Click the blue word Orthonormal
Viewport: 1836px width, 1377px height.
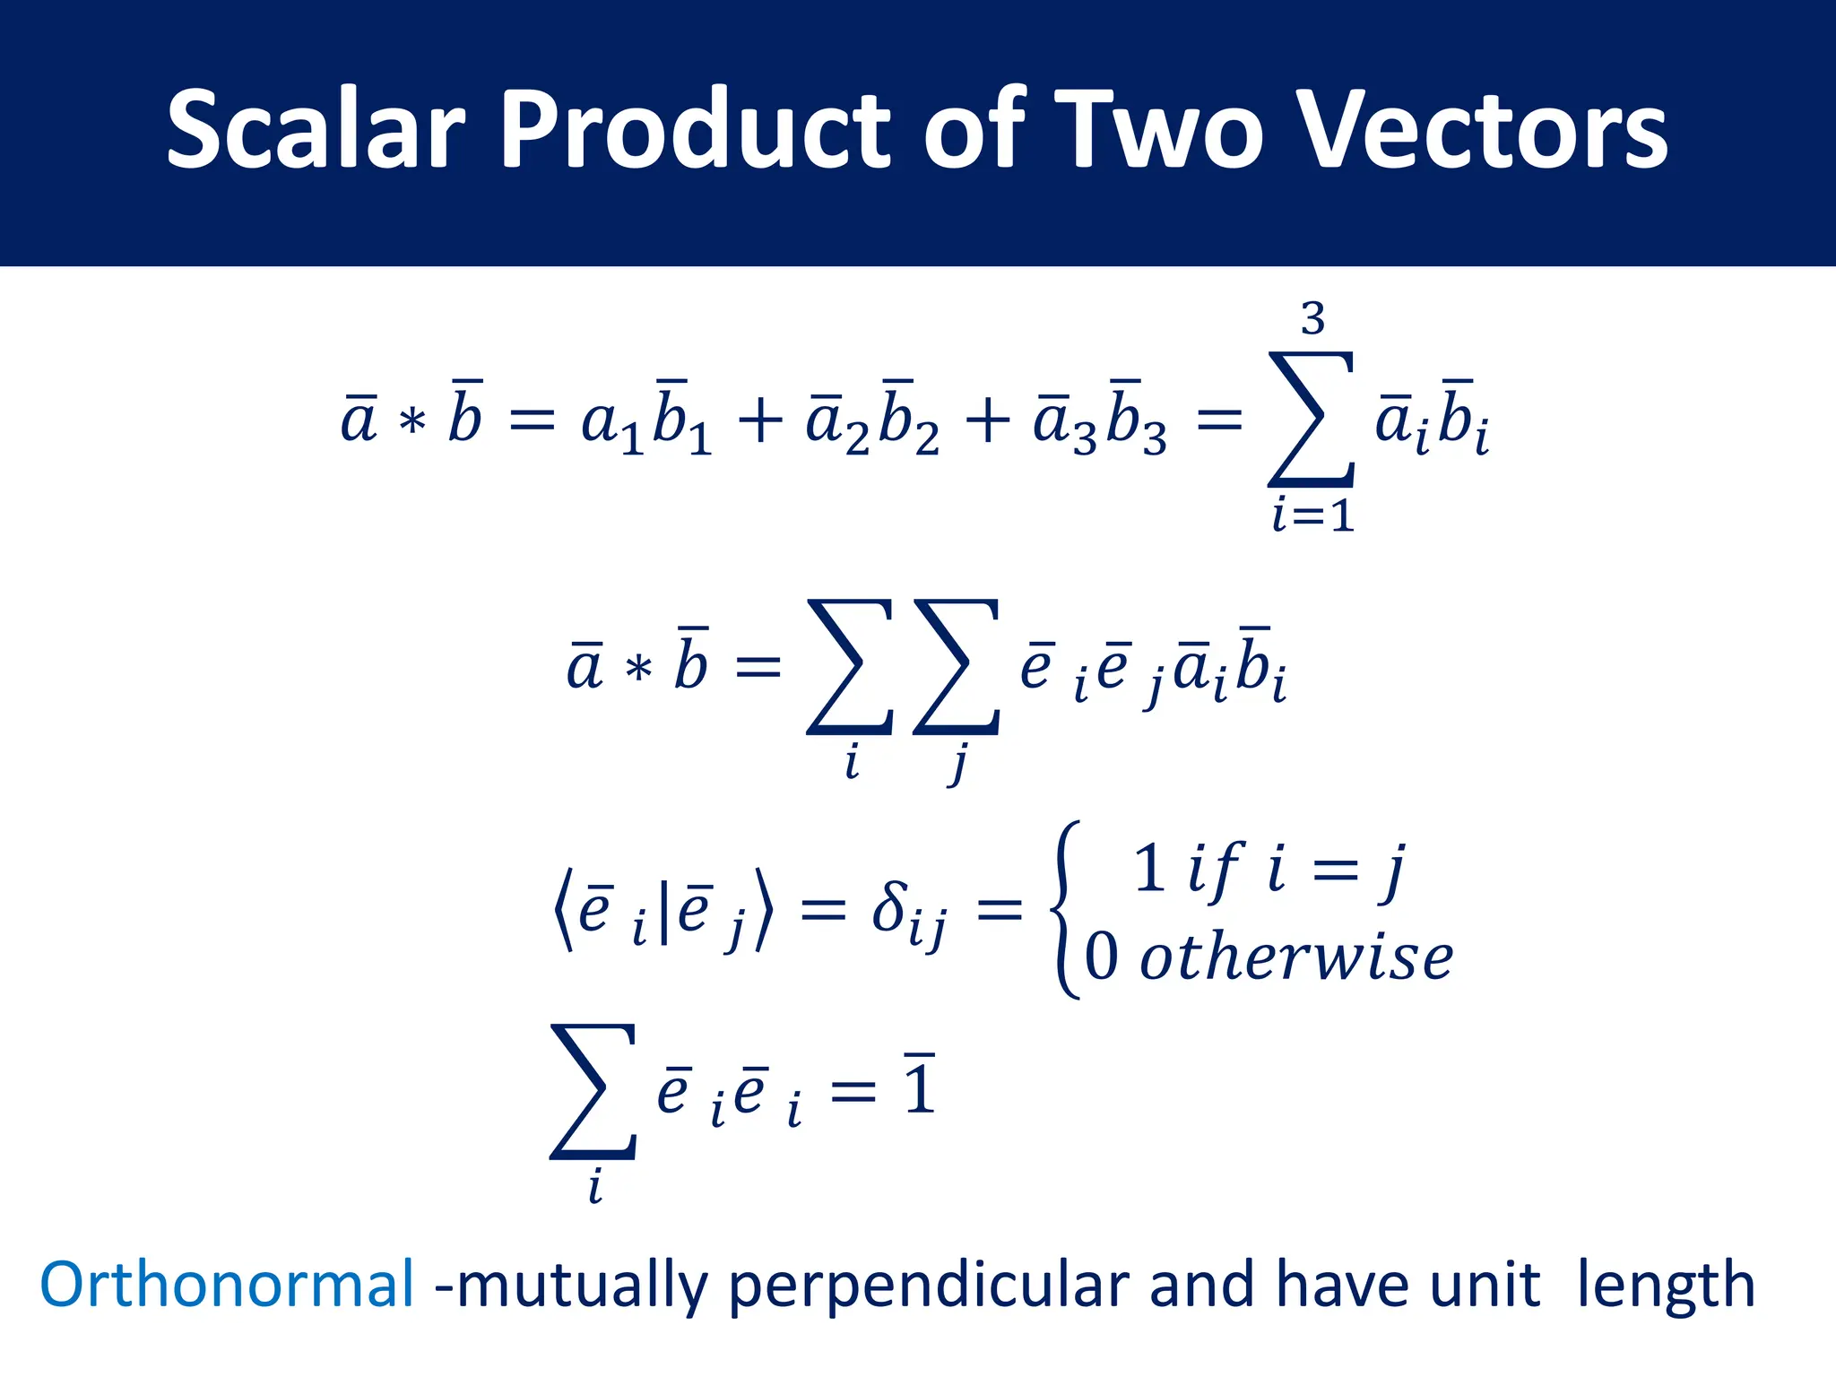[227, 1285]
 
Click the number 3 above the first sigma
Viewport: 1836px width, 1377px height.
[1312, 319]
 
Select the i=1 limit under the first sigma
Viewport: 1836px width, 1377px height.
[1312, 515]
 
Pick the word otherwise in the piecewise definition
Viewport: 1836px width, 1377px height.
[1295, 957]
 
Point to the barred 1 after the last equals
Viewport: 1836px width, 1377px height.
[919, 1087]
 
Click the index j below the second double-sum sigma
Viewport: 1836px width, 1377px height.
[958, 764]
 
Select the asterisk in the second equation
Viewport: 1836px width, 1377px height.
[638, 669]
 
